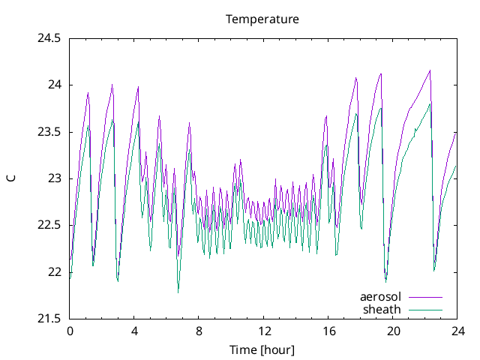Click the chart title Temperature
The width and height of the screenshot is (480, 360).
point(262,19)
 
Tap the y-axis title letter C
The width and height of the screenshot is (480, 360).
point(11,178)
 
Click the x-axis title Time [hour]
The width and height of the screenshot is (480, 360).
point(262,349)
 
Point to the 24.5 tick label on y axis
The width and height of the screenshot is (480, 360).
point(49,38)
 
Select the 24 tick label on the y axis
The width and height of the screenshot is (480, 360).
point(54,85)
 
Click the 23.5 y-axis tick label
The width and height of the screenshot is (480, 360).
point(49,132)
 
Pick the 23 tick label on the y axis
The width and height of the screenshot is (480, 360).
point(54,178)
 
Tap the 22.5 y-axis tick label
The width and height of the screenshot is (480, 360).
point(49,225)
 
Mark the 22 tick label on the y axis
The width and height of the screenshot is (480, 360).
point(54,272)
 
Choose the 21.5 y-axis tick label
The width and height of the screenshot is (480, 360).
point(49,319)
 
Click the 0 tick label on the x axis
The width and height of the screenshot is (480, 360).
point(70,331)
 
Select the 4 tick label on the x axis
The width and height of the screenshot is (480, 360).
point(134,331)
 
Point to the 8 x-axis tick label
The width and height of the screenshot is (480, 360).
point(199,331)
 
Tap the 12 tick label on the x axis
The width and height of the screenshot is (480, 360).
point(263,331)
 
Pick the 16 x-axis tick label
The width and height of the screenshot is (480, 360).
point(328,331)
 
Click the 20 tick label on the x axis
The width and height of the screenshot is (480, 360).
point(392,331)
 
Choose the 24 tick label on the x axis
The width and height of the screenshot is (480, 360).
point(457,331)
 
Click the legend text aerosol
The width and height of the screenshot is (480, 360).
point(381,297)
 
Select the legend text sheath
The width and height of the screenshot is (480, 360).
point(382,309)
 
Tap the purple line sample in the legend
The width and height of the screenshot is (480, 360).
point(425,298)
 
